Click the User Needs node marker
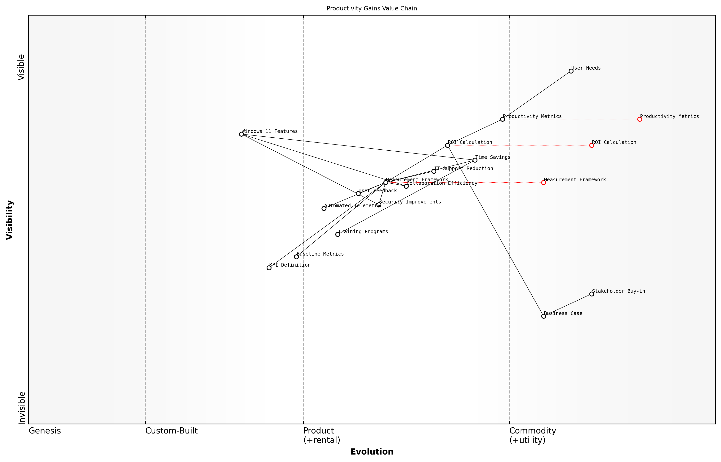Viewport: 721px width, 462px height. click(x=571, y=71)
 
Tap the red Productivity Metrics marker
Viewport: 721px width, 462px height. click(x=639, y=119)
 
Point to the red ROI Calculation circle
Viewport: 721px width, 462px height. click(x=591, y=145)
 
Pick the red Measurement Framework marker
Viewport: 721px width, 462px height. click(x=543, y=182)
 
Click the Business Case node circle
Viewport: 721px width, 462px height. click(x=543, y=316)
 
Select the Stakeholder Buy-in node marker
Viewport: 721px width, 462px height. click(x=591, y=294)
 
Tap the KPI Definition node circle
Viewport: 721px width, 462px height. click(x=269, y=268)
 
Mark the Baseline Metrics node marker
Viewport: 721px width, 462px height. click(x=296, y=257)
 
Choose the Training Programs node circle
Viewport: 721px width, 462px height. click(x=338, y=234)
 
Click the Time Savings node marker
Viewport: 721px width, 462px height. click(x=475, y=160)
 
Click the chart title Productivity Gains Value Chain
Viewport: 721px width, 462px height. click(x=372, y=8)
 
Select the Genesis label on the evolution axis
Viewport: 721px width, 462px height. click(x=45, y=431)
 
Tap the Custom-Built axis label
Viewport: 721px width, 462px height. click(x=171, y=431)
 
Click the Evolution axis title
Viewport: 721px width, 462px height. click(x=372, y=452)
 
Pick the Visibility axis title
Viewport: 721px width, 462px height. click(x=10, y=220)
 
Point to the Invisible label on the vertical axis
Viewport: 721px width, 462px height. click(x=22, y=408)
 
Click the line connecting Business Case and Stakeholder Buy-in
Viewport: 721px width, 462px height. click(x=567, y=305)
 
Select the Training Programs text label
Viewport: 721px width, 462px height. click(x=363, y=232)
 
